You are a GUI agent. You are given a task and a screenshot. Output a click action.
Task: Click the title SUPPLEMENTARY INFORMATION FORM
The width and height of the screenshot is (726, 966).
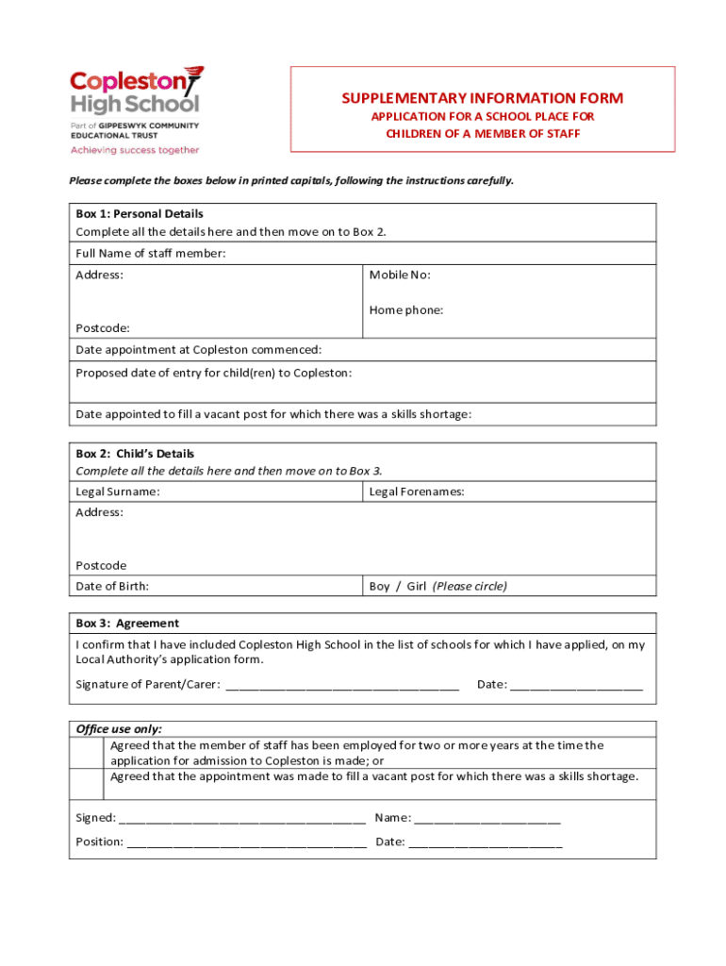coord(482,98)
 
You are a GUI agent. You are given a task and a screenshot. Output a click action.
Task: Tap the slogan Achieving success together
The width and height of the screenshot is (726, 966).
coord(135,150)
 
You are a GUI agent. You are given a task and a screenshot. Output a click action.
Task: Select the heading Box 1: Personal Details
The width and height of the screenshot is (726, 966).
coord(140,214)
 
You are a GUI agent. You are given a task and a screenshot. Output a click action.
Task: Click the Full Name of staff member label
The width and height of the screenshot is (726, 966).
coord(151,254)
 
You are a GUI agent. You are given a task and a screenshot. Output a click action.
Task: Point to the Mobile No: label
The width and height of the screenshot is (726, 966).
coord(400,275)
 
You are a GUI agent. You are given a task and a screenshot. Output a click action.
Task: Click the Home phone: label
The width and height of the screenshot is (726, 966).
coord(405,309)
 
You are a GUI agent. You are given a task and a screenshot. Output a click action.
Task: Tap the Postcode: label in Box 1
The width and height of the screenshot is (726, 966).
coord(103,328)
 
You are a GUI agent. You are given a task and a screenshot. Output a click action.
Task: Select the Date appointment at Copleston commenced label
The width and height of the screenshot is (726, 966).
coord(198,350)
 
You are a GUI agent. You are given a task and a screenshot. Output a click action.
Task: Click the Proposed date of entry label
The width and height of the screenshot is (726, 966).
coord(213,373)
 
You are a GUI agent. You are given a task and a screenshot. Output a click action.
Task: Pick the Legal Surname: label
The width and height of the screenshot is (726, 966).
coord(117,491)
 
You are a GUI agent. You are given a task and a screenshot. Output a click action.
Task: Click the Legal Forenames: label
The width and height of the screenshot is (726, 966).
coord(416,491)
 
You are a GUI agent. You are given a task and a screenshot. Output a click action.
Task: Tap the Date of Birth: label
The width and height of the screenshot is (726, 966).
coord(112,586)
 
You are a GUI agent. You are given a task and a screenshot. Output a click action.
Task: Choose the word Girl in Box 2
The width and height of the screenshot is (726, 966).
coord(416,586)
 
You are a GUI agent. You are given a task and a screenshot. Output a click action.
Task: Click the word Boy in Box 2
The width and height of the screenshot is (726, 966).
coord(379,586)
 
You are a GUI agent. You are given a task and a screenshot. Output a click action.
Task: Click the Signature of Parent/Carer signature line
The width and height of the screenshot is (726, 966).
coord(341,686)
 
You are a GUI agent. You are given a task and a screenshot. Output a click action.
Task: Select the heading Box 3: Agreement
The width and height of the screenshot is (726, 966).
coord(127,624)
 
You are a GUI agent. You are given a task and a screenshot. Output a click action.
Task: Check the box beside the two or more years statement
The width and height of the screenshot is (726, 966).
coord(90,753)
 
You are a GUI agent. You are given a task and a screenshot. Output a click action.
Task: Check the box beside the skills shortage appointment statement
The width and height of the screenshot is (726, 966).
coord(90,783)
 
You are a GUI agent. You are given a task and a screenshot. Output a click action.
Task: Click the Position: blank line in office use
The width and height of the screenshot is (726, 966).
coord(246,842)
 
